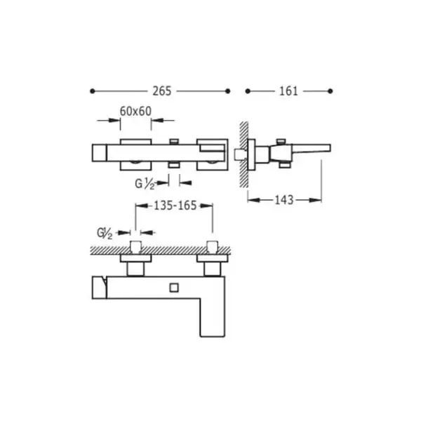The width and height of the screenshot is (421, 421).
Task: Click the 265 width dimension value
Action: tap(162, 91)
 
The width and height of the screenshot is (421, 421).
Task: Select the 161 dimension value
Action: tap(288, 91)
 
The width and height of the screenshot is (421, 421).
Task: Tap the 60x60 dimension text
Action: tap(135, 111)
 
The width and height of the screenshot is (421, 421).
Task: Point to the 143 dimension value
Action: tap(284, 200)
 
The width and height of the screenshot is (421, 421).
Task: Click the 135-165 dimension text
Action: tap(175, 206)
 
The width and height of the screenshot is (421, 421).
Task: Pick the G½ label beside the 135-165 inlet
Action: tap(105, 233)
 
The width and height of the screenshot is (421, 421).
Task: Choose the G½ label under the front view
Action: tap(145, 184)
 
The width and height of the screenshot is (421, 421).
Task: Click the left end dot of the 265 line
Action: tap(93, 91)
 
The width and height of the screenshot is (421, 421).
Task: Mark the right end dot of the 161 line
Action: tap(330, 91)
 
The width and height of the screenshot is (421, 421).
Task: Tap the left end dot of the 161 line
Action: tap(248, 91)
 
